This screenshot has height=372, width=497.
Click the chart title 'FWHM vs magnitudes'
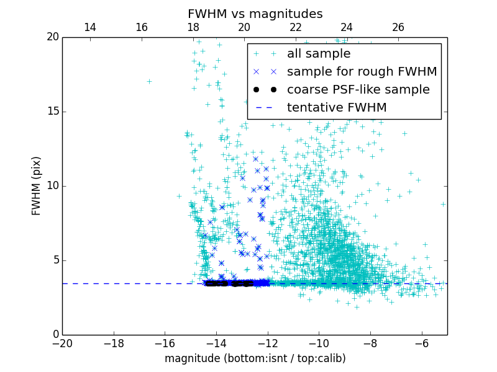(x=255, y=14)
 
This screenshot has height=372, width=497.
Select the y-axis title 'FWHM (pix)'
(x=37, y=185)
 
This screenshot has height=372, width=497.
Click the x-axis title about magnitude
(x=255, y=358)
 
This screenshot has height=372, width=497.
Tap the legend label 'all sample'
(x=319, y=54)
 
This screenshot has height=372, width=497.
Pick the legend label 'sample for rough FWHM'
(x=362, y=71)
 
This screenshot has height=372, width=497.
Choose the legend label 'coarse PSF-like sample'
(x=358, y=89)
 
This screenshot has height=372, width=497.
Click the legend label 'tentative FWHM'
(x=336, y=107)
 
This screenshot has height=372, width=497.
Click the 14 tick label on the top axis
(x=89, y=27)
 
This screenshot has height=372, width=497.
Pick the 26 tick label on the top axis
(x=398, y=27)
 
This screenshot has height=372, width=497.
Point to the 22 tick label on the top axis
(x=296, y=27)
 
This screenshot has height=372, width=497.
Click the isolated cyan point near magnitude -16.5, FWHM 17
(x=149, y=81)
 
